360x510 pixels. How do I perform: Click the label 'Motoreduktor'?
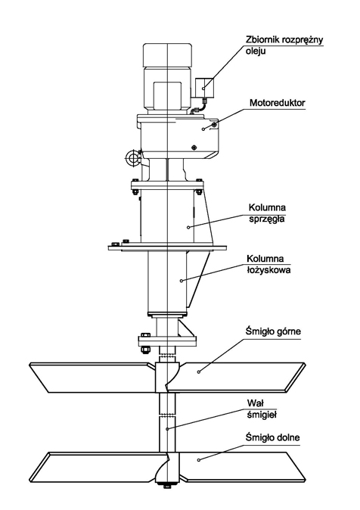coord(277,103)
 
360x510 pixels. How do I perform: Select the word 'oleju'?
coord(256,51)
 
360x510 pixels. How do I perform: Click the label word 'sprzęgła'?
coord(267,219)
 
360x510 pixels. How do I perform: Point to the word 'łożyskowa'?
coord(268,270)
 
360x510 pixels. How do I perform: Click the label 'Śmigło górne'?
coord(273,331)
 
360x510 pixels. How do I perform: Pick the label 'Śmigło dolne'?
coord(272,437)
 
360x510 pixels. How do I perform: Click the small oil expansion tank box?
coord(204,88)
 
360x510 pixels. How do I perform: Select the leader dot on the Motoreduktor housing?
coord(203,129)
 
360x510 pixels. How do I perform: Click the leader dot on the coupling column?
coord(188,227)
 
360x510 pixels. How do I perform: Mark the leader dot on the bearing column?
coord(182,281)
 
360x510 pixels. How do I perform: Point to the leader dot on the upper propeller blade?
coord(199,372)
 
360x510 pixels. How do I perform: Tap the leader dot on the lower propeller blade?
coord(198,459)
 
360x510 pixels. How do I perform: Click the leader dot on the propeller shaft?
coord(167,429)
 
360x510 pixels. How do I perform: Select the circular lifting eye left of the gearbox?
coord(132,157)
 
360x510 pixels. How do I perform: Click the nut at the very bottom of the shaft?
coord(167,487)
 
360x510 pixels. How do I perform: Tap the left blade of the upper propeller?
coord(91,378)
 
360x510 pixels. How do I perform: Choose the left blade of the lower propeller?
coord(98,467)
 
